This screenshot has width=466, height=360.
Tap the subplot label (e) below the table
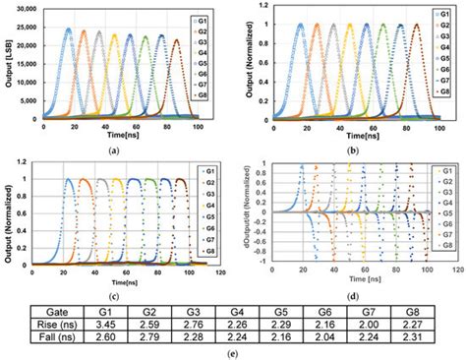(x=233, y=352)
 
